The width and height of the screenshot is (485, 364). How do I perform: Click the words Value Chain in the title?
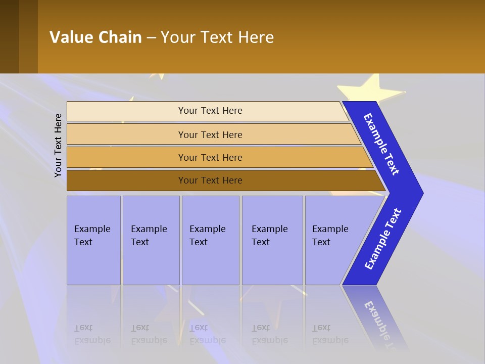tap(95, 37)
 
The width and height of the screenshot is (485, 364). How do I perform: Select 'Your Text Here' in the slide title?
tap(217, 37)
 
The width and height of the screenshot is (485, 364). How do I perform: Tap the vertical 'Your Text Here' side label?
tap(58, 145)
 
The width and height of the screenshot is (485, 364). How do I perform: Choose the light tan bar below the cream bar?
tap(210, 134)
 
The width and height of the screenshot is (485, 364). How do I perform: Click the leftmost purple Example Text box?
tap(93, 240)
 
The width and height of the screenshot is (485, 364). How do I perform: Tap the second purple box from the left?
tap(151, 240)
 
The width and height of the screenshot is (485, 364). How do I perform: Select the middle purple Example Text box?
tap(210, 240)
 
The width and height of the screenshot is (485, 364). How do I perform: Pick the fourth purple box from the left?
tap(272, 240)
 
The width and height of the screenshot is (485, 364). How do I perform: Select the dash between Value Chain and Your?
tap(151, 38)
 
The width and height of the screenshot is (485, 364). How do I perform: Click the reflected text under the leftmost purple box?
tap(92, 334)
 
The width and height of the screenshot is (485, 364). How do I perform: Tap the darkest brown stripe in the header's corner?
tap(9, 36)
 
